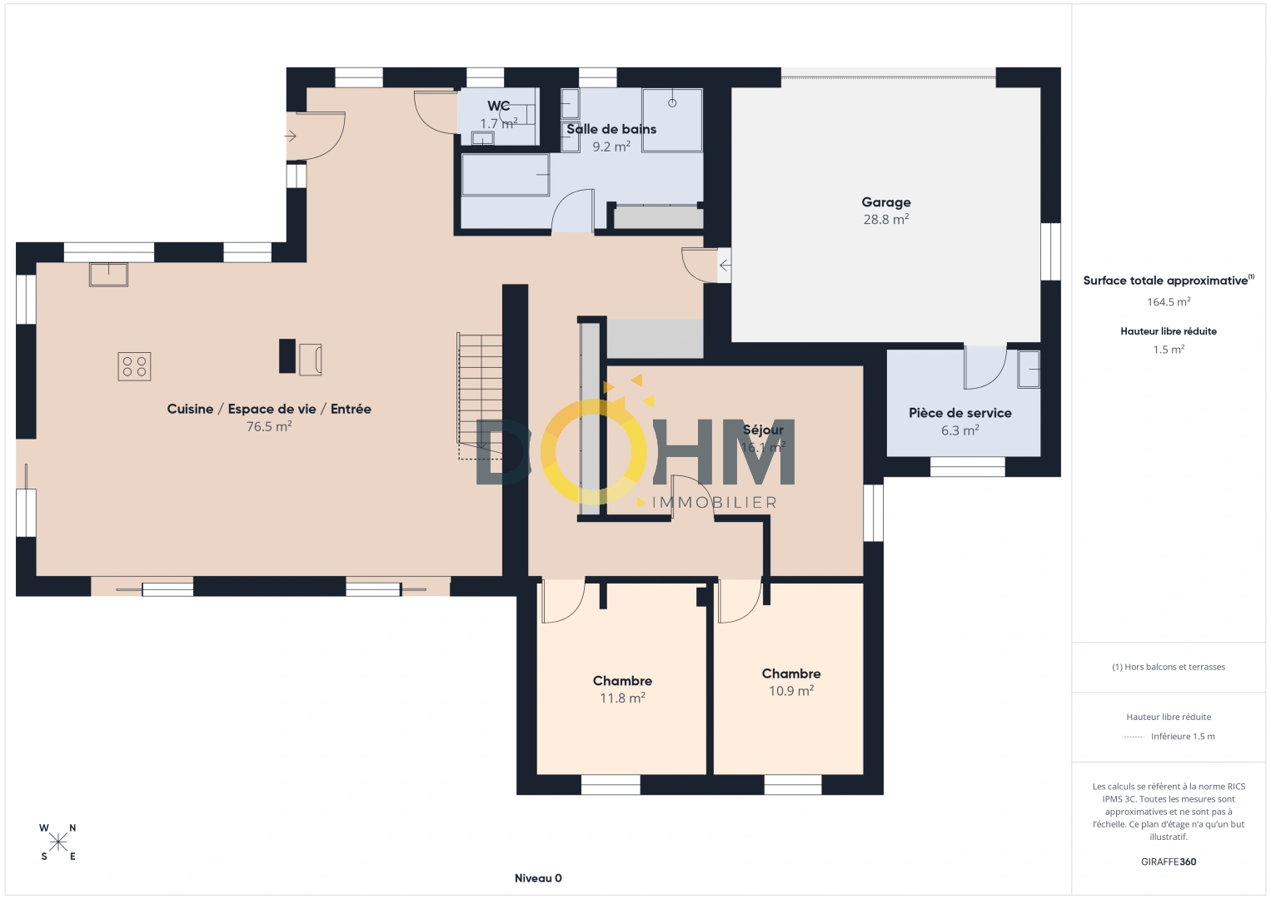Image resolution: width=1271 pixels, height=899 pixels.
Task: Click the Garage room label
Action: point(885,202)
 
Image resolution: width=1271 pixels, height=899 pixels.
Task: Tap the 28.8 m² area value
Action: point(885,220)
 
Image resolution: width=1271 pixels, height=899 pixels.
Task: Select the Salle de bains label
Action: point(611,129)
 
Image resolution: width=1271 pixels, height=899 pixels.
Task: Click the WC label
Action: point(498,106)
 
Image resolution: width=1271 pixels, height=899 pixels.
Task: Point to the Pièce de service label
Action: point(960,413)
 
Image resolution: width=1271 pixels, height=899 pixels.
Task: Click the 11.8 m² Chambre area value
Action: point(622,698)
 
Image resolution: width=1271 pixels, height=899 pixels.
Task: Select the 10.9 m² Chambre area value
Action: point(791,691)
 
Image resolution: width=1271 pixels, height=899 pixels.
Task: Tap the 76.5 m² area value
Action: point(269,426)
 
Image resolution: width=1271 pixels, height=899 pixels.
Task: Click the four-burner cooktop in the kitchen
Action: point(134,365)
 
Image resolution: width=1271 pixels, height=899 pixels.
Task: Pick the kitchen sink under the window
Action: point(108,275)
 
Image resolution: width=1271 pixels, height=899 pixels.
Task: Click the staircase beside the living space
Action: point(480,395)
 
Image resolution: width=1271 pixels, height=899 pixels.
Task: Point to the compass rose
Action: point(57,842)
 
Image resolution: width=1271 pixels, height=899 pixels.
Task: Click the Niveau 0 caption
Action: point(538,878)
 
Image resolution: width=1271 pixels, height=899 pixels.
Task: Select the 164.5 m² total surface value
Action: point(1169,301)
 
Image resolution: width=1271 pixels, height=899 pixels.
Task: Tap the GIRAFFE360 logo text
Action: point(1169,862)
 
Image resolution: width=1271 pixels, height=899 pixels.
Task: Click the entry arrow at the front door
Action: point(291,137)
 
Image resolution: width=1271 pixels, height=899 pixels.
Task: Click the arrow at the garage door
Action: point(725,265)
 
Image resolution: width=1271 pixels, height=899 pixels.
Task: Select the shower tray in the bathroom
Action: point(672,120)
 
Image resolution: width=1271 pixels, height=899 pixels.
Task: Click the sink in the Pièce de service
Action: point(1028,370)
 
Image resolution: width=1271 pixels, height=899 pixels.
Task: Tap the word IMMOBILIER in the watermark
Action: point(715,503)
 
